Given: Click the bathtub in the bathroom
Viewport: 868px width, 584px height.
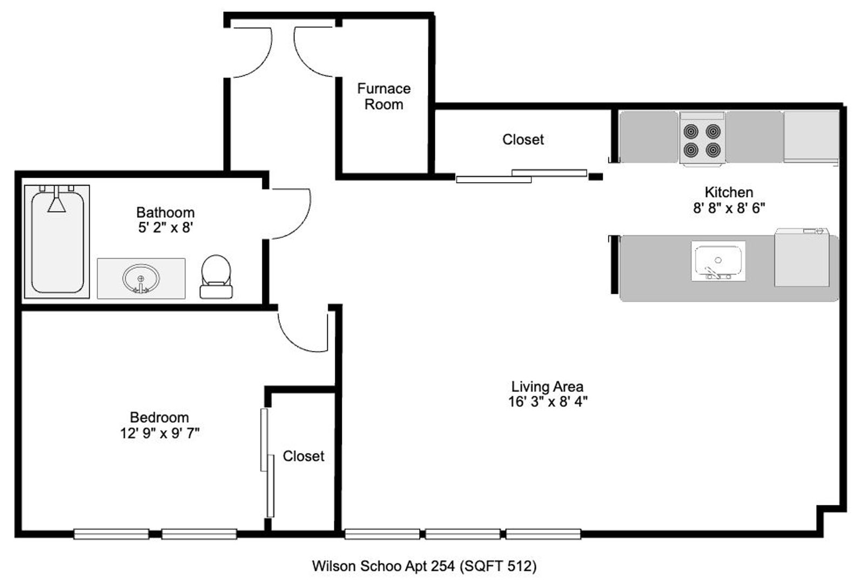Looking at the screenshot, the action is pyautogui.click(x=57, y=242).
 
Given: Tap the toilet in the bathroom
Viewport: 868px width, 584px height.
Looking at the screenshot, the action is pyautogui.click(x=216, y=277).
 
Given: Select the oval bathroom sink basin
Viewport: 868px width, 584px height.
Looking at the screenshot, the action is pyautogui.click(x=140, y=278).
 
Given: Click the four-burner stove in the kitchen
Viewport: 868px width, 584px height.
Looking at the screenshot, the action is pyautogui.click(x=702, y=139).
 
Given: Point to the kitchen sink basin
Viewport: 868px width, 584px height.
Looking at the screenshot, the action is pyautogui.click(x=718, y=261).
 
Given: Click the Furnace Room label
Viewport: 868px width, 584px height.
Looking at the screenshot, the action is pyautogui.click(x=383, y=97).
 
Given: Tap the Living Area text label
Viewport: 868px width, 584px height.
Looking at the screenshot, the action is pyautogui.click(x=547, y=387).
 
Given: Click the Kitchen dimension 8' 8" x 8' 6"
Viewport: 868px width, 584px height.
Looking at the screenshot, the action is pyautogui.click(x=729, y=208).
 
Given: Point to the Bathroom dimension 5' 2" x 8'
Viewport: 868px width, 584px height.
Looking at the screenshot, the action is pyautogui.click(x=165, y=228).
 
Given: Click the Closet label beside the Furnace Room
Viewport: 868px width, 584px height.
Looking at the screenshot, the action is pyautogui.click(x=523, y=140).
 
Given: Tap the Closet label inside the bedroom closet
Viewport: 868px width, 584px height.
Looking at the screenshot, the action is pyautogui.click(x=304, y=456).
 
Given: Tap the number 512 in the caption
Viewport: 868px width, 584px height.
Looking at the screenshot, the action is pyautogui.click(x=517, y=566).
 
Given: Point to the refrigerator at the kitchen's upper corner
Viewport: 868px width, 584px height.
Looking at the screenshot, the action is pyautogui.click(x=811, y=137).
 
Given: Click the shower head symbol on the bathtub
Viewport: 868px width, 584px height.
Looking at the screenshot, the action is pyautogui.click(x=57, y=200).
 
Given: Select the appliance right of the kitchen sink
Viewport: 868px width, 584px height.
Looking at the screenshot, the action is pyautogui.click(x=802, y=257).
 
